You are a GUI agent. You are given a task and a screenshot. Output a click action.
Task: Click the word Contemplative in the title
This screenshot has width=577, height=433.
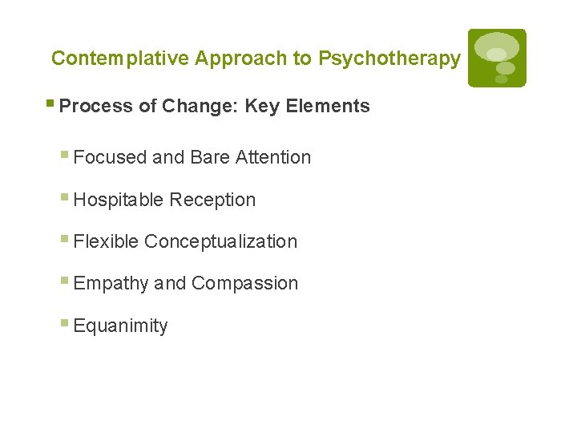(x=120, y=59)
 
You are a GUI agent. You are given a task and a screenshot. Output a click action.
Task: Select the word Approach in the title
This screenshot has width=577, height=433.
(x=253, y=59)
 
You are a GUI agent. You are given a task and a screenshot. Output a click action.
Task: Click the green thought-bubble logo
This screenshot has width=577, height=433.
(x=497, y=58)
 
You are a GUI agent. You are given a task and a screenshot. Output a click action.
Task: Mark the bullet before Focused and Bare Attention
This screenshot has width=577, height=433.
(x=65, y=156)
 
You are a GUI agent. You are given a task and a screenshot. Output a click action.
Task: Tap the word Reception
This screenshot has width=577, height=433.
(x=212, y=200)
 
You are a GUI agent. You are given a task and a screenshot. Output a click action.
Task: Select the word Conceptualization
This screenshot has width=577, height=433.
(x=220, y=241)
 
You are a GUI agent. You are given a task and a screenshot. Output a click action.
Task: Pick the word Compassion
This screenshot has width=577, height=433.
(x=244, y=283)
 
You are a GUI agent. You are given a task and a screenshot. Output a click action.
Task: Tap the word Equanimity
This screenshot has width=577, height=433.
(x=120, y=326)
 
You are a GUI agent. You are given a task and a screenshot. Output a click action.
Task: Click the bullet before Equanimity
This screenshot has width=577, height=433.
(x=65, y=324)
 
